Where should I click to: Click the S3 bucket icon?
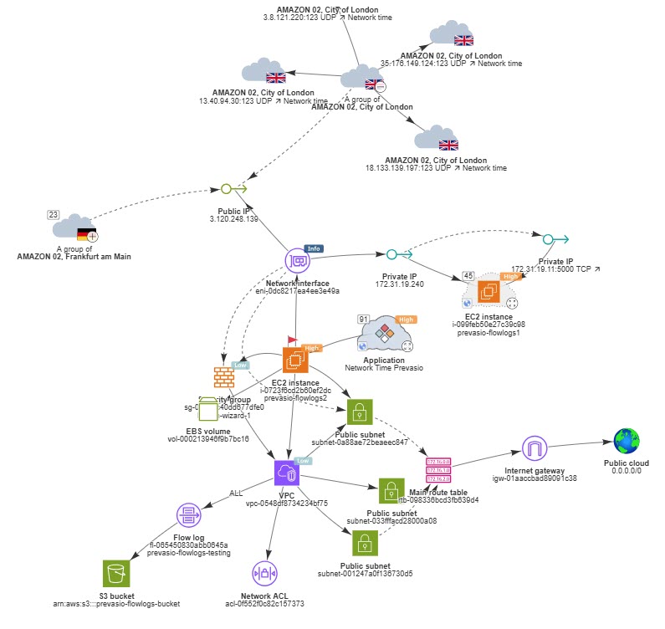pos(116,573)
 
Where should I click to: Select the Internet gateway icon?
pos(534,448)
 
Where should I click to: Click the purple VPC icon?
pos(287,473)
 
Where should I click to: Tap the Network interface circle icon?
pos(298,261)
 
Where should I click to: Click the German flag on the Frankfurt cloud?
pos(86,234)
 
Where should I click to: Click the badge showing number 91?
pos(363,319)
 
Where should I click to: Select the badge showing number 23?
pos(54,215)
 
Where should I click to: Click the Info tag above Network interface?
pos(314,248)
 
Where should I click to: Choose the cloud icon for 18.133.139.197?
pos(435,138)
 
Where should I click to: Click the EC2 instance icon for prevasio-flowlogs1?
pos(489,290)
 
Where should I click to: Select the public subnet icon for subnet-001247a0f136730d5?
pos(363,542)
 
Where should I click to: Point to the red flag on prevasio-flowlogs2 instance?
pos(292,340)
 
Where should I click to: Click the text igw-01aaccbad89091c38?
pos(535,478)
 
